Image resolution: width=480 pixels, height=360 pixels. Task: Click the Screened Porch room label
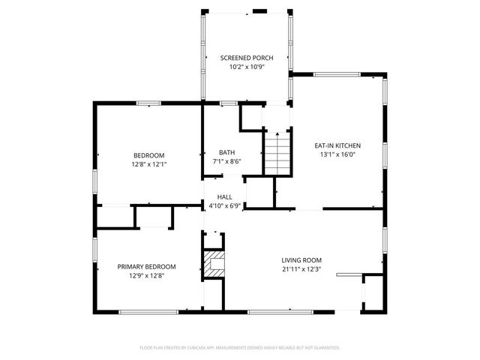click(246, 58)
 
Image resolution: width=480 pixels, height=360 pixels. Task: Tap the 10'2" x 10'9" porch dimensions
click(246, 67)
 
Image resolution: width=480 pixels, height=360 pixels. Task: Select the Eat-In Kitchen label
click(337, 145)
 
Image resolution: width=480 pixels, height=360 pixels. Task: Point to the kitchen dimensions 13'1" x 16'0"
click(337, 155)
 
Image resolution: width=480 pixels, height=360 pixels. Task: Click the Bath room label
click(226, 152)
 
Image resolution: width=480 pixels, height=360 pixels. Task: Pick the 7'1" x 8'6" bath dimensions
click(226, 162)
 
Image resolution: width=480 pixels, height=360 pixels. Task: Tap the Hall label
click(224, 196)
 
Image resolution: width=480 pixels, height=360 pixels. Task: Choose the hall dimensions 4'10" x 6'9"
click(224, 206)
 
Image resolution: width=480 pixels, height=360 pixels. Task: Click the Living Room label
click(301, 259)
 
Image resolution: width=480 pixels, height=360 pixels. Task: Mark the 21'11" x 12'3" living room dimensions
click(301, 269)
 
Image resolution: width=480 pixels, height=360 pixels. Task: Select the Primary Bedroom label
click(146, 266)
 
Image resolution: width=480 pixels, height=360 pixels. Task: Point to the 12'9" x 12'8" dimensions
click(146, 276)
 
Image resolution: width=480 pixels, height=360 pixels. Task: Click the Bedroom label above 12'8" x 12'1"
click(148, 155)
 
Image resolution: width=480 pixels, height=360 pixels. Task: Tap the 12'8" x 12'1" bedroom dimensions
click(148, 164)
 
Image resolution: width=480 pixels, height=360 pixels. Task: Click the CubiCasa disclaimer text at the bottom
click(240, 348)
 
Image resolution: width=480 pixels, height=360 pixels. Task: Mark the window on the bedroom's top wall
click(148, 103)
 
